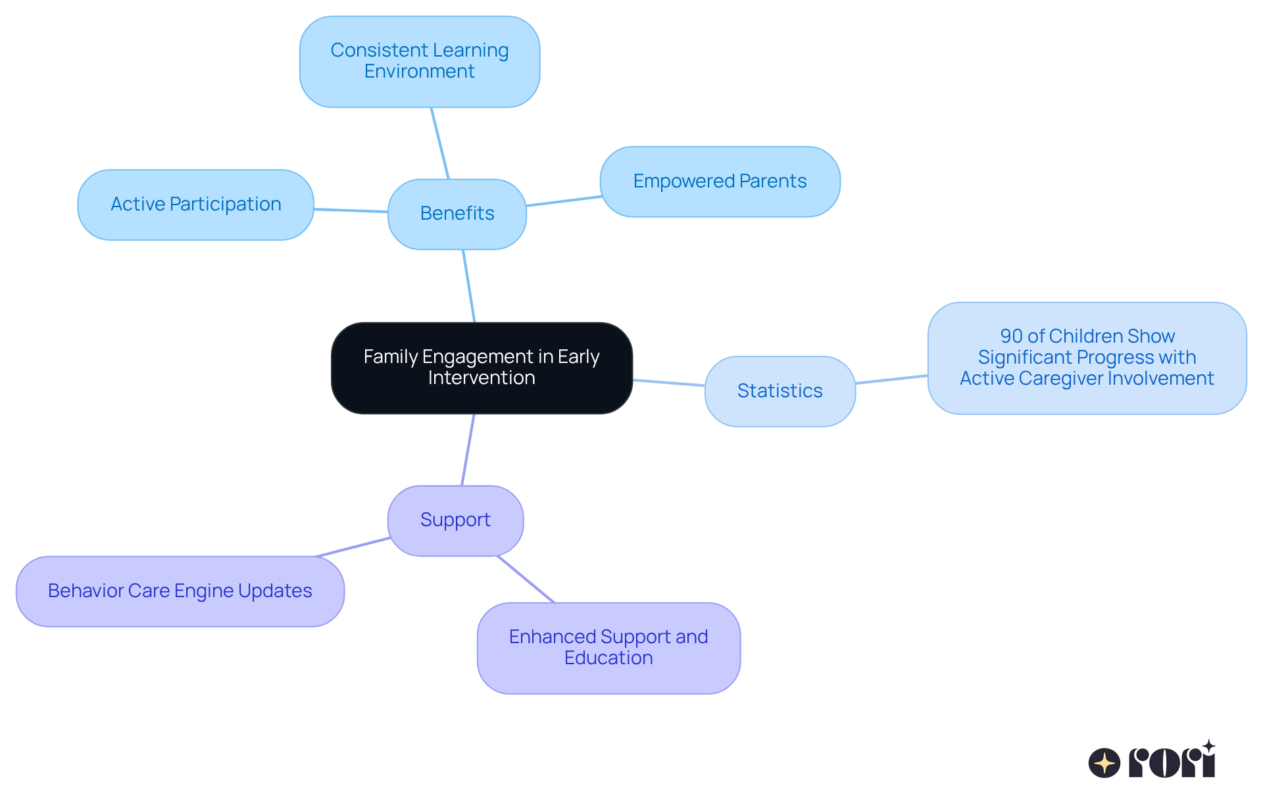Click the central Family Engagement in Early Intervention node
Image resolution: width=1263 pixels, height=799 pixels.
coord(482,368)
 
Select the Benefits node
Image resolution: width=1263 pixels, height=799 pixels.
coord(457,214)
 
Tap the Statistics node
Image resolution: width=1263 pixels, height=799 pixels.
coord(780,391)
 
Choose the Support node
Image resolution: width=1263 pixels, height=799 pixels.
coord(455,520)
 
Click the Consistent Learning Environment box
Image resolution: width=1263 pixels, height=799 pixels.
coord(420,61)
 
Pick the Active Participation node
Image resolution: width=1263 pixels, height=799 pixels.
coord(195,205)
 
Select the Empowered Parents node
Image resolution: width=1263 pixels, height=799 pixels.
coord(720,182)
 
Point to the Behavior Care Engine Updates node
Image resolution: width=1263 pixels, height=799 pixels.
coord(180,591)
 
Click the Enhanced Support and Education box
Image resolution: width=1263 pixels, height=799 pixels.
coord(608,648)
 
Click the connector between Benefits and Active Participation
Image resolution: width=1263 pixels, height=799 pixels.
coord(351,210)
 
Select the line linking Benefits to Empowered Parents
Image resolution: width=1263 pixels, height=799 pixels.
coord(564,201)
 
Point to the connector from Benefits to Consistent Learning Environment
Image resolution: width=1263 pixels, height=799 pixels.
coord(440,143)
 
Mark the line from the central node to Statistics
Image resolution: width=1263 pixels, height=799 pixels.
coord(668,383)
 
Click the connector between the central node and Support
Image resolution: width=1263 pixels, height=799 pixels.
coord(468,450)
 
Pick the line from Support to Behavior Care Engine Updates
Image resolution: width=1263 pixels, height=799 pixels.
coord(353,547)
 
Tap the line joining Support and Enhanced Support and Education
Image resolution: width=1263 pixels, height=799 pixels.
coord(526,579)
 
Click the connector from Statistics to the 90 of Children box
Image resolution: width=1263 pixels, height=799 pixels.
coord(891,379)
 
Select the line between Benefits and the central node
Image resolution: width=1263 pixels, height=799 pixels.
coord(469,286)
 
